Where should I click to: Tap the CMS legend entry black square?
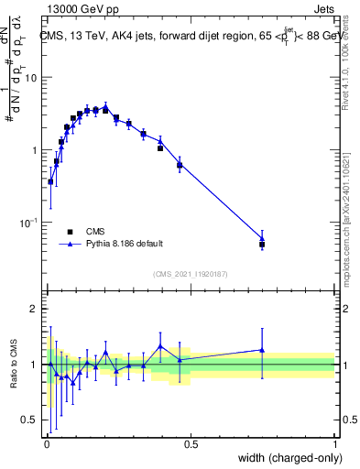point(69,232)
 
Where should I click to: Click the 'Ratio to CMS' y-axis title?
point(14,365)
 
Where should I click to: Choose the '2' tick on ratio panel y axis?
point(33,310)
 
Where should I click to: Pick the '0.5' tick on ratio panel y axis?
point(29,421)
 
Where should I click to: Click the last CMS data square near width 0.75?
point(262,245)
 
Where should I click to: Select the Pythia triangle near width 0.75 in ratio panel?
point(262,349)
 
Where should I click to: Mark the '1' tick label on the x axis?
point(334,445)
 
